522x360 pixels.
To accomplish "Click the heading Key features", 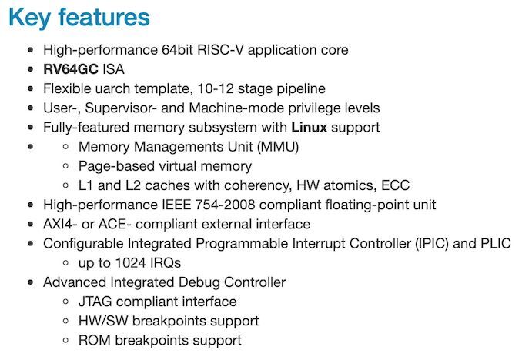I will click(79, 18).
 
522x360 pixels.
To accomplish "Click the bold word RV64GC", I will click(71, 69).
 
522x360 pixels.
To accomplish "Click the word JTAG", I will click(95, 302).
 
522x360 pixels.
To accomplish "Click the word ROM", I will click(94, 340).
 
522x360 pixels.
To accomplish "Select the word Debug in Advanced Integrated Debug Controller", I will click(189, 282).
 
